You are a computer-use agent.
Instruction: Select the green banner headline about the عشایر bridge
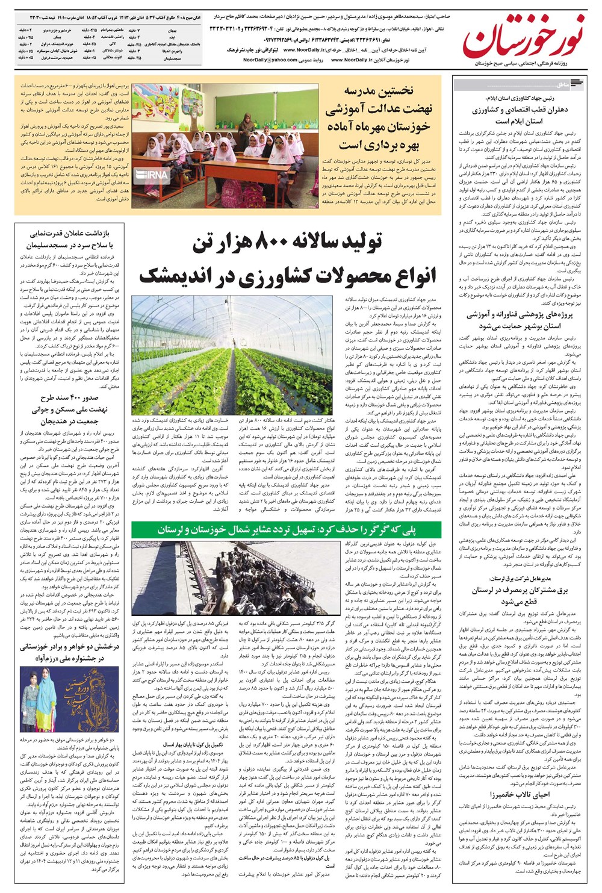287,530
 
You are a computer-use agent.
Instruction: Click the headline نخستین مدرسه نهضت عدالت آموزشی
378,118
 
